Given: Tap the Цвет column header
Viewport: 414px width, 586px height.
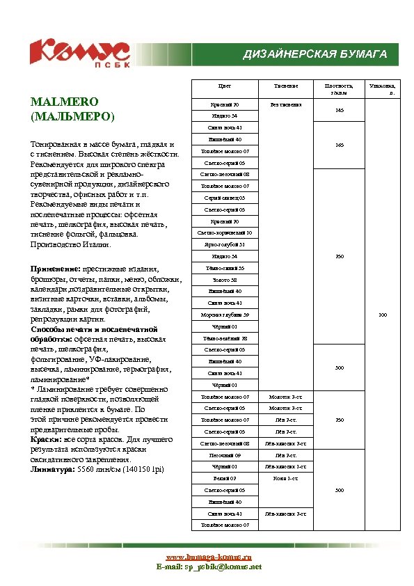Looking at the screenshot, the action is tap(225, 86).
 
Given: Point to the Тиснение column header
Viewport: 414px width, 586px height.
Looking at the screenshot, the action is tap(285, 86).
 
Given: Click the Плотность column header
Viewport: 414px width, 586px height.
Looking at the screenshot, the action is tap(339, 88).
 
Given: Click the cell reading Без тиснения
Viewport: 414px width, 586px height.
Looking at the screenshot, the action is tap(285, 104).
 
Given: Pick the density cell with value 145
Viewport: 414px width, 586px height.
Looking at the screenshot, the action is tap(339, 110).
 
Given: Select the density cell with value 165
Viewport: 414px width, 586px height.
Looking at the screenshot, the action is tap(339, 145).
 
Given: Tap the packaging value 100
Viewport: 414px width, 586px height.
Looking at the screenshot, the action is tap(382, 315).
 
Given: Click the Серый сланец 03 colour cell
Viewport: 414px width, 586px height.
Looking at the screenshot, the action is tap(225, 198).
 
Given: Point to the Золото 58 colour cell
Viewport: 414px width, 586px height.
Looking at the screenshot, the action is tap(225, 280).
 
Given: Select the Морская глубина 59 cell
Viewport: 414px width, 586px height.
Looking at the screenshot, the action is tap(225, 315).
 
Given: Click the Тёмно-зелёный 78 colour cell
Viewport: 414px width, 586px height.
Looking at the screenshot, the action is tap(225, 338).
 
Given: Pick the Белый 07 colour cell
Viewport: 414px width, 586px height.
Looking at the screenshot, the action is tap(225, 478).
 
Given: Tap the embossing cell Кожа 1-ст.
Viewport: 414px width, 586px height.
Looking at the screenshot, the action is tap(285, 478).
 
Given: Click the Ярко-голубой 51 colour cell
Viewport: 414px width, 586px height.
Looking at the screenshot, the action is tap(225, 245).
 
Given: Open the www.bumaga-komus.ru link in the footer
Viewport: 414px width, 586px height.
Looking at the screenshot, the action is tap(208, 557).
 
